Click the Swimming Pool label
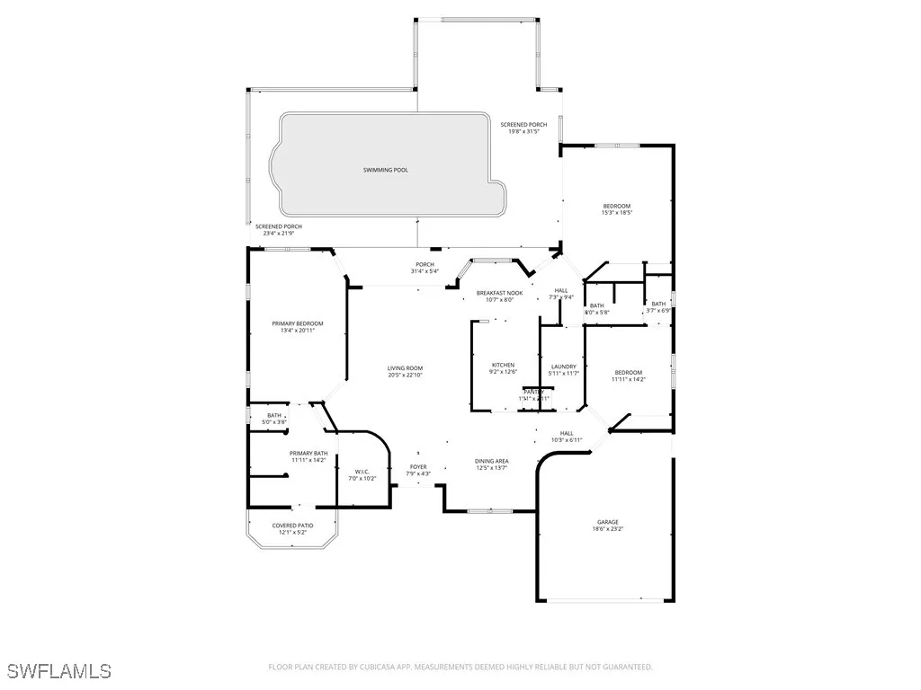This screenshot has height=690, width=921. click(x=385, y=170)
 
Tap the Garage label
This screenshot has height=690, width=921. click(x=608, y=522)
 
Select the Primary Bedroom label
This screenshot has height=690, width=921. click(x=298, y=323)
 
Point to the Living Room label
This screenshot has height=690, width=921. click(x=405, y=368)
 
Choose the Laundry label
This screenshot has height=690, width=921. click(x=563, y=367)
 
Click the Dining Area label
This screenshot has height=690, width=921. click(x=492, y=461)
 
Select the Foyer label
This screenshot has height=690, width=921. click(x=418, y=466)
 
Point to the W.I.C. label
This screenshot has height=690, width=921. click(x=362, y=471)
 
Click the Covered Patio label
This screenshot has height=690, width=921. click(x=292, y=526)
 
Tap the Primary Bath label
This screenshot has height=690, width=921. click(x=307, y=453)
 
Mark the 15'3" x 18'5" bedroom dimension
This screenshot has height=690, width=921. click(x=617, y=213)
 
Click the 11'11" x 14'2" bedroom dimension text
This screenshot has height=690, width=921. click(x=629, y=379)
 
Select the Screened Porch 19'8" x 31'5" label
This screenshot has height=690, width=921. click(x=523, y=124)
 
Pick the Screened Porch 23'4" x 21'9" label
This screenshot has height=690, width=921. click(x=278, y=226)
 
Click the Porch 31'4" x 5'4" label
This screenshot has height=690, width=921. click(x=425, y=264)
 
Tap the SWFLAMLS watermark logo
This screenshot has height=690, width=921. click(x=59, y=670)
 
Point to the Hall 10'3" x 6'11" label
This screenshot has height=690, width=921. click(x=567, y=433)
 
